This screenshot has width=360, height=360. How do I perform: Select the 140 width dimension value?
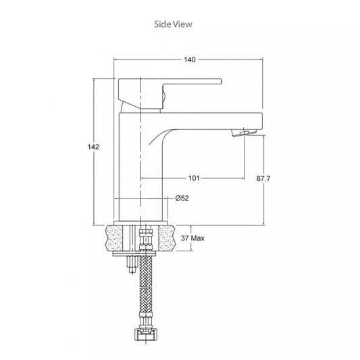point(190,60)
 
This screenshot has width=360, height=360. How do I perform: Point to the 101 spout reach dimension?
point(193,178)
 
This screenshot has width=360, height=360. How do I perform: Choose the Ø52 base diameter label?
point(182,199)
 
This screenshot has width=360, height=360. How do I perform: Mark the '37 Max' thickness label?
point(193,238)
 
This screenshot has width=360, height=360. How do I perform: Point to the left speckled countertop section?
point(120,237)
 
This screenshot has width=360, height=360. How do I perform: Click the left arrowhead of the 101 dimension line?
point(143,178)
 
